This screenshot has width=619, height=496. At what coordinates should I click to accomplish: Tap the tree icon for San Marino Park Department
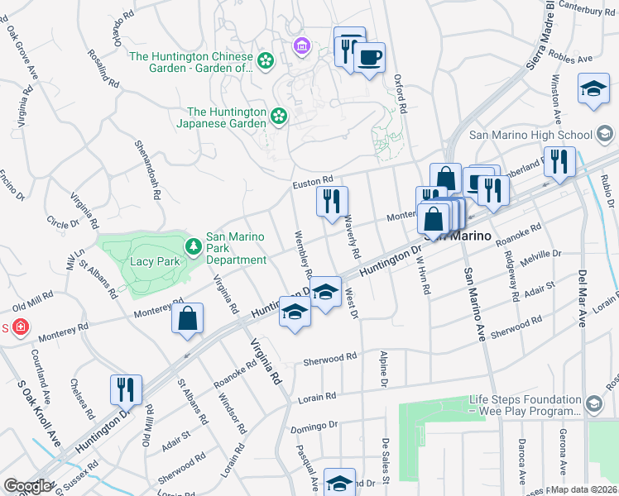(192, 246)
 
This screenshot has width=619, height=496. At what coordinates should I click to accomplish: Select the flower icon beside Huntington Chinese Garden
(265, 60)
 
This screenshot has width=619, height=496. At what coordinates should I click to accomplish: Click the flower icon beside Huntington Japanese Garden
(279, 117)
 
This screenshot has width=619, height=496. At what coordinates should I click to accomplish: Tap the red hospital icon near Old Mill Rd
(21, 327)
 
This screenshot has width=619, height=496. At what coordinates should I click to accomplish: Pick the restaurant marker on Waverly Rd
(332, 202)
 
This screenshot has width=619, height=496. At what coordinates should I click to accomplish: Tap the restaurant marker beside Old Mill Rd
(126, 390)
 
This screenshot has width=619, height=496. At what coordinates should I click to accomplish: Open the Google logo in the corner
(26, 486)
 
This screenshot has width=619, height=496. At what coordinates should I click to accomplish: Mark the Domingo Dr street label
(314, 427)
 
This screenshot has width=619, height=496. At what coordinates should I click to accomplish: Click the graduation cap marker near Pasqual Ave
(338, 482)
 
